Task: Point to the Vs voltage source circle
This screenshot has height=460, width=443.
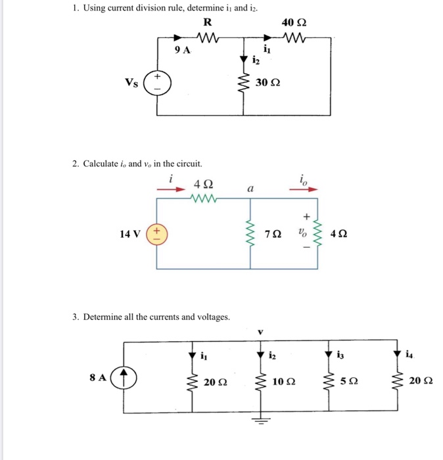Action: pos(156,84)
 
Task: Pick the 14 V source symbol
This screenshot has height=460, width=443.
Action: pos(156,234)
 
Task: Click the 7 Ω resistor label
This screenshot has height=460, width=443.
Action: pos(273,234)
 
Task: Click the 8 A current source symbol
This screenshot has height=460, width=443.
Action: pos(122,379)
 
